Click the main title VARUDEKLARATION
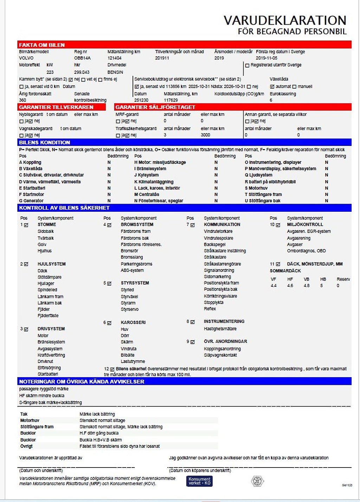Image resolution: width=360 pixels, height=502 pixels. click(285, 20)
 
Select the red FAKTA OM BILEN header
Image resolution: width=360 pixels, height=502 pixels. click(42, 45)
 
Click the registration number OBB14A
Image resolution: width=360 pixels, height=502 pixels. click(82, 58)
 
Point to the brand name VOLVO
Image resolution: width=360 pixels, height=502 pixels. click(26, 58)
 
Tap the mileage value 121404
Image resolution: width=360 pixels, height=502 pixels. click(115, 58)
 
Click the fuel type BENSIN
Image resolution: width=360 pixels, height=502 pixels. click(115, 72)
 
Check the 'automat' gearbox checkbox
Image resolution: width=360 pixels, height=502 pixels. click(272, 87)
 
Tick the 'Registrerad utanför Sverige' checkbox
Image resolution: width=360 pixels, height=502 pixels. click(247, 65)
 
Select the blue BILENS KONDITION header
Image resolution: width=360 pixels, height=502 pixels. click(45, 142)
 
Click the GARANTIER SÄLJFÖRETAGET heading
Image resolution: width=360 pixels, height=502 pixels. click(155, 107)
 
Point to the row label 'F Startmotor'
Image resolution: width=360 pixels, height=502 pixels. click(32, 195)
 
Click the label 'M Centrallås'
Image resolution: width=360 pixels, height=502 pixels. click(147, 195)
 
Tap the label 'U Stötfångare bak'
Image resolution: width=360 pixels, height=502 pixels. click(262, 201)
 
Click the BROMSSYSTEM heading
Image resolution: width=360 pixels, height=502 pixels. click(137, 224)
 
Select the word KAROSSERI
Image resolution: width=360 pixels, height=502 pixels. click(133, 322)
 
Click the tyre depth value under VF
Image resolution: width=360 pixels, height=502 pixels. click(274, 286)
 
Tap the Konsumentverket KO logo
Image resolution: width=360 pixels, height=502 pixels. click(199, 481)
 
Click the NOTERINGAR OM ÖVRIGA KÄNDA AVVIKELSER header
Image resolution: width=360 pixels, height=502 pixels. click(82, 382)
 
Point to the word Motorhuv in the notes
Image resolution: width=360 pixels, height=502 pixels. click(30, 420)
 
